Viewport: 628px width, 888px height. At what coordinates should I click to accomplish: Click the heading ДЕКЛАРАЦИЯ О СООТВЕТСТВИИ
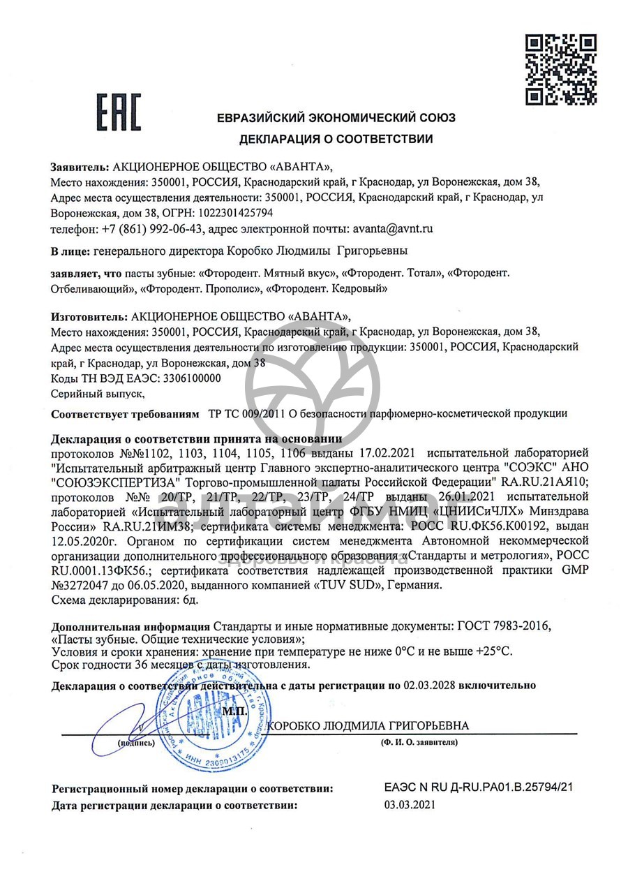click(336, 139)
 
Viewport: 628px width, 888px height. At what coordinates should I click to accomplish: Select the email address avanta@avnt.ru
click(393, 228)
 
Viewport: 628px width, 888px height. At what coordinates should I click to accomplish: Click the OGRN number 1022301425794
click(235, 212)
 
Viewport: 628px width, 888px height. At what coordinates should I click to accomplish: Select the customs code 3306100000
click(191, 378)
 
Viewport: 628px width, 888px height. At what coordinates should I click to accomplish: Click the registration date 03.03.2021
click(410, 805)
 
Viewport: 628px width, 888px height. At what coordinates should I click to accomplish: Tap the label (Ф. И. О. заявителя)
click(419, 742)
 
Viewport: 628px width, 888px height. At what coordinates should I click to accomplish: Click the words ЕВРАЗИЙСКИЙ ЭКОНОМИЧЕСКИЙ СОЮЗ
click(336, 118)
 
